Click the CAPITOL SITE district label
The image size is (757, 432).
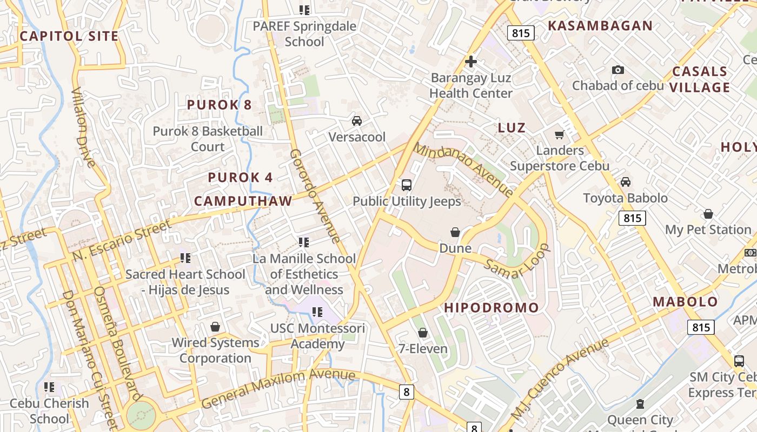(69, 36)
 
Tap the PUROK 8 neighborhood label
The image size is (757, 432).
(220, 105)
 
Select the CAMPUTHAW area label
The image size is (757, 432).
(243, 201)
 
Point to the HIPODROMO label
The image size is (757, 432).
(492, 308)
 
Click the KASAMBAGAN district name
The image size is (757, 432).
(600, 25)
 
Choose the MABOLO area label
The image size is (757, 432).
(685, 302)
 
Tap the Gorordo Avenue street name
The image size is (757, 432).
(315, 196)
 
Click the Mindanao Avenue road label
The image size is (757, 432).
(463, 169)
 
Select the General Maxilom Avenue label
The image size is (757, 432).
(278, 388)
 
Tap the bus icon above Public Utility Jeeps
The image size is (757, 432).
(407, 185)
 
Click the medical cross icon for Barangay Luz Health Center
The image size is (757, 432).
(471, 62)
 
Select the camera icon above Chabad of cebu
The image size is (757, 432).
(617, 70)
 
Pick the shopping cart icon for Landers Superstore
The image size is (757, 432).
(559, 134)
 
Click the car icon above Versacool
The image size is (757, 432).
(357, 121)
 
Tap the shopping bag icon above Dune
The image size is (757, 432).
(455, 232)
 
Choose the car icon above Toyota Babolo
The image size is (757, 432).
(625, 182)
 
